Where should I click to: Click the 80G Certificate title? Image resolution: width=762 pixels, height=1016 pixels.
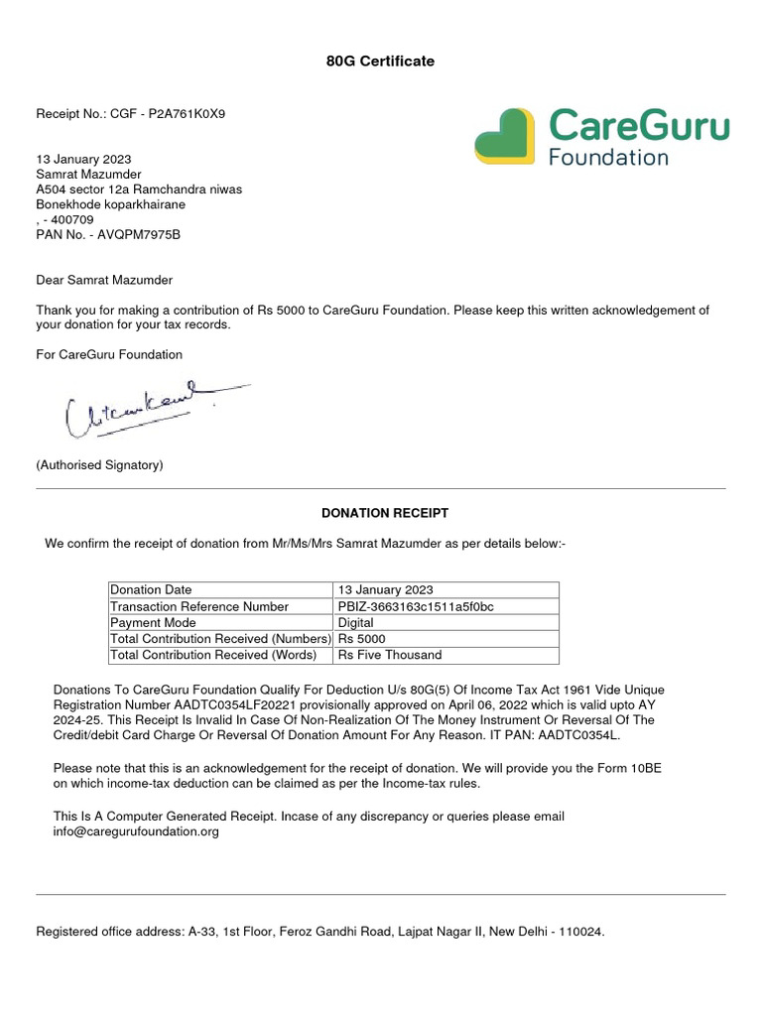click(380, 62)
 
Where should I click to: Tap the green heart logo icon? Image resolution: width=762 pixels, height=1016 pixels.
click(505, 136)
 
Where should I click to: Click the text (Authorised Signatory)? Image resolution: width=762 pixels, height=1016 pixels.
click(99, 464)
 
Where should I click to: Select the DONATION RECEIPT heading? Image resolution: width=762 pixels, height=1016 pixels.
click(385, 513)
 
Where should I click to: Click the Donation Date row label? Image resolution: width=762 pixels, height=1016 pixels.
click(151, 590)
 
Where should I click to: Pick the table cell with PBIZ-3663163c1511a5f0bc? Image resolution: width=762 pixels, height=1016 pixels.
click(416, 606)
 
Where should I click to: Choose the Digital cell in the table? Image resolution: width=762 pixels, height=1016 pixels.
click(356, 623)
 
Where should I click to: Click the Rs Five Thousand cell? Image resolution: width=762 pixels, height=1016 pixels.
click(390, 655)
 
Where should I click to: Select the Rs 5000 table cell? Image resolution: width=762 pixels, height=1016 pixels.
click(362, 639)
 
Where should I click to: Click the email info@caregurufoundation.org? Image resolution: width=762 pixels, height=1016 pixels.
click(136, 831)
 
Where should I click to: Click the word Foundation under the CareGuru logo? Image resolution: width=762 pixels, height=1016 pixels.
click(608, 156)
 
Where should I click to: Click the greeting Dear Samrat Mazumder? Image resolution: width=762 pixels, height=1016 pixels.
click(104, 281)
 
